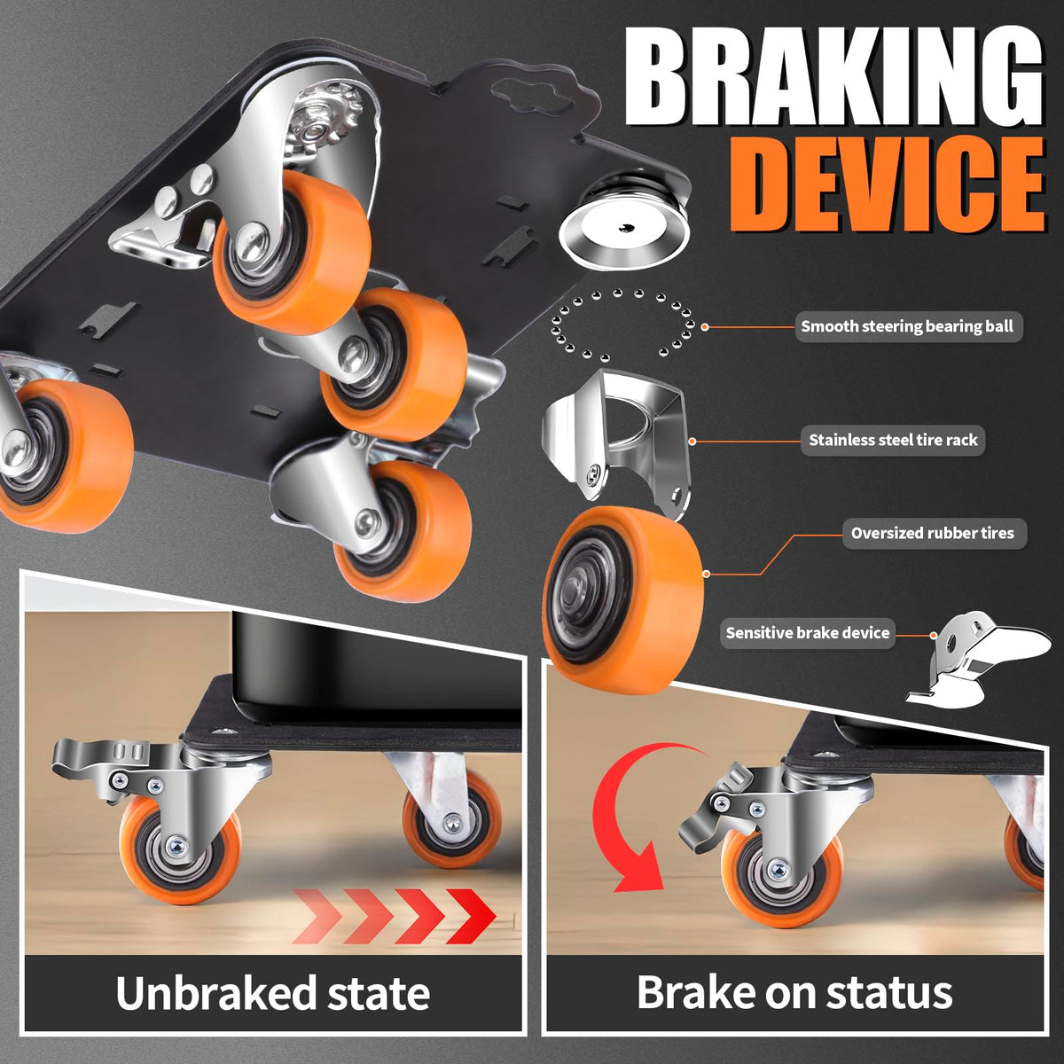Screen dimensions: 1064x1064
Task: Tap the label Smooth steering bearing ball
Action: point(907,326)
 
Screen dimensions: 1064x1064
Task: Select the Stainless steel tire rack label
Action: point(893,440)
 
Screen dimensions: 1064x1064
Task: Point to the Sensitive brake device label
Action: point(807,632)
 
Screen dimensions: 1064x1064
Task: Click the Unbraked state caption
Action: point(273,993)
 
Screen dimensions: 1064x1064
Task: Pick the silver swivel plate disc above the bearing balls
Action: point(624,229)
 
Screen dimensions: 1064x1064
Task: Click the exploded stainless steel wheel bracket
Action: point(614,441)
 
